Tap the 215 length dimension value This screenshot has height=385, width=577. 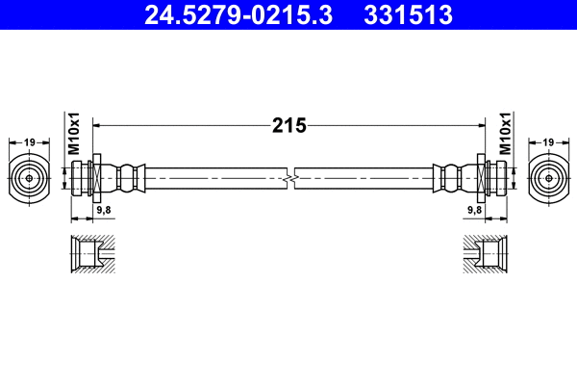pos(288,124)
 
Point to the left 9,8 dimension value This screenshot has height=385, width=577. pos(103,209)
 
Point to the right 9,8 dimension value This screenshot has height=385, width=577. pos(474,209)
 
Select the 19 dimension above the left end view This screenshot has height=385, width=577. pos(30,142)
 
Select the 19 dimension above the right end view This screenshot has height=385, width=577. pos(547,142)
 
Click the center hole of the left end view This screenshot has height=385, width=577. pos(30,178)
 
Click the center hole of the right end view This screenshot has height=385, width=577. pos(547,178)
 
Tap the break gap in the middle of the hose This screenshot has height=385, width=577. pos(289,178)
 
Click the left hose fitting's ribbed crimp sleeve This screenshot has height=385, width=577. pos(125,178)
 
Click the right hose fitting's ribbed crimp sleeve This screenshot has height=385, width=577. pos(452,178)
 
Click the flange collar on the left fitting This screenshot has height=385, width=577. pos(96,178)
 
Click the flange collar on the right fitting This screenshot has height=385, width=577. pos(481,178)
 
